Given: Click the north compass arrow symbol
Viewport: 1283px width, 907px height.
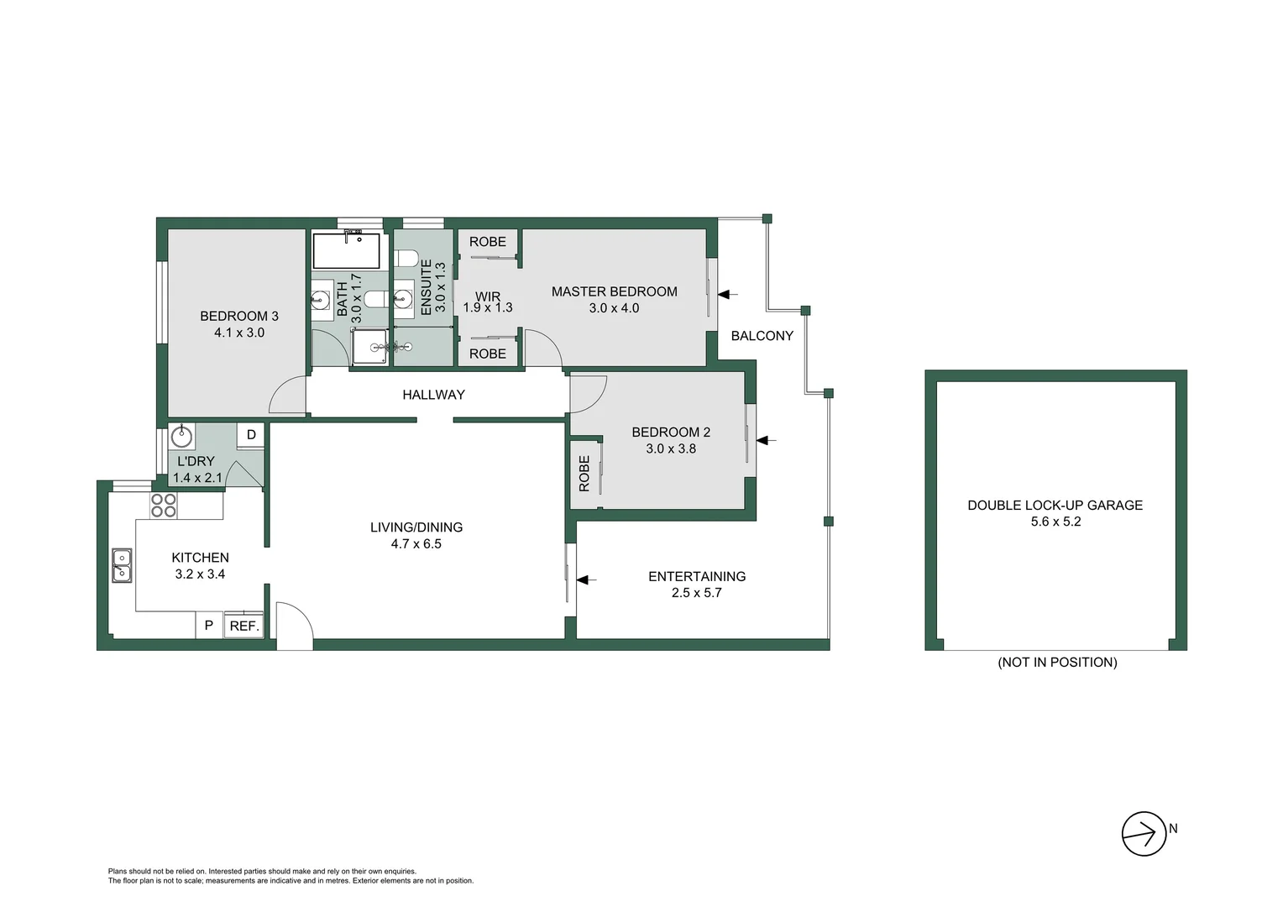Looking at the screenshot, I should pos(1144,834).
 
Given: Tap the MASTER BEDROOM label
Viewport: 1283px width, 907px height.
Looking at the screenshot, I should pos(614,291).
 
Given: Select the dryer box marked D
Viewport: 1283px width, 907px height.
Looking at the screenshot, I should pos(251,435).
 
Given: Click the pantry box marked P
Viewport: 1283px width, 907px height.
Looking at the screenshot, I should pos(209,626).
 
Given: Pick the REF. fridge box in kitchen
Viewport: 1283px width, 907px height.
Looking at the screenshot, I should pos(244,626).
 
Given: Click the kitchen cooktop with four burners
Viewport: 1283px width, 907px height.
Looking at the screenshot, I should pos(164,505).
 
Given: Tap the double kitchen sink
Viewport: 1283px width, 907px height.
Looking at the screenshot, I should pos(122,565).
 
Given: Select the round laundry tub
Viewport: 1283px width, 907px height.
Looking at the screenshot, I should pos(181,437).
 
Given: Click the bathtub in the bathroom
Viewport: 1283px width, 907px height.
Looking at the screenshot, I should pos(346,250).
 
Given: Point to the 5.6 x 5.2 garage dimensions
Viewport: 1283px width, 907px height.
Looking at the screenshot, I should pos(1055,522).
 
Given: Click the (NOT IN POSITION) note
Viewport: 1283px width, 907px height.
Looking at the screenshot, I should pos(1057,662).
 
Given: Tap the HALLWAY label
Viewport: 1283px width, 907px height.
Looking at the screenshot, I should pos(433,395).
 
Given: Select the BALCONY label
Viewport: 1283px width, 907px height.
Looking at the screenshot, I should pos(762,336).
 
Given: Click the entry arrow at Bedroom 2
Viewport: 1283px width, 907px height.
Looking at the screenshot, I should pos(767,439).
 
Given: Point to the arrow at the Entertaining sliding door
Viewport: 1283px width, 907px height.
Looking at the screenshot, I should pos(586,579).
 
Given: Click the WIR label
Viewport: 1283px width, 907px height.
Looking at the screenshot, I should pos(488,296).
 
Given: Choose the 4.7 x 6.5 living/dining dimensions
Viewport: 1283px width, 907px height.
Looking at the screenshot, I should pos(416,544).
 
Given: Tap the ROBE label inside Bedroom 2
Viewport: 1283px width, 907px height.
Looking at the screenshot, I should pos(584,474).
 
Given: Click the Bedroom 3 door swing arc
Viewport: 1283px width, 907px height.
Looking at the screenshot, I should pos(285,395).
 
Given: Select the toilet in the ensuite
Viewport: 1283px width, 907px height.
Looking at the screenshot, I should pos(405,258).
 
